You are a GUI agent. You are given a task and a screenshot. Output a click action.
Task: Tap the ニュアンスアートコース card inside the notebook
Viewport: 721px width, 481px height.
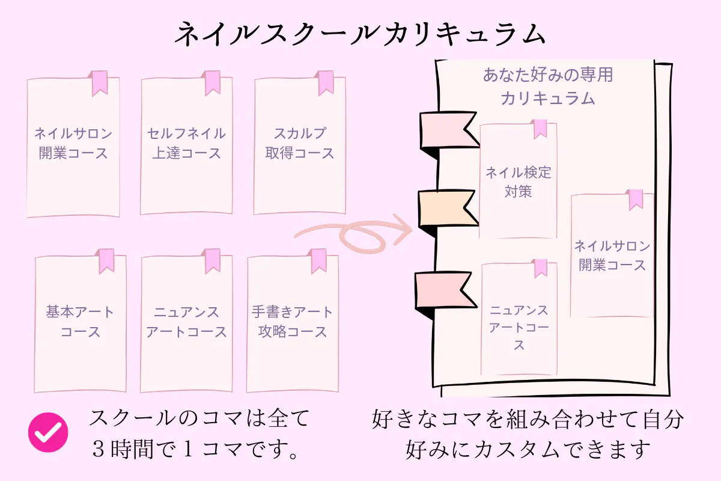coord(519,325)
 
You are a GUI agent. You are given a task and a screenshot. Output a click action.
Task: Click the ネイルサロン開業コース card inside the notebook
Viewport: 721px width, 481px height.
coord(612,256)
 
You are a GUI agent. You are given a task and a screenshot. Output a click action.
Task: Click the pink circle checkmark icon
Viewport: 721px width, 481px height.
coord(48,432)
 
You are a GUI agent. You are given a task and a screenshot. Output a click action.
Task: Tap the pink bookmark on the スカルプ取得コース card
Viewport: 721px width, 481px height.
coord(326,82)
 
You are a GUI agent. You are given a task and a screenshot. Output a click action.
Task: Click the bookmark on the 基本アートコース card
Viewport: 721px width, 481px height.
coord(106,260)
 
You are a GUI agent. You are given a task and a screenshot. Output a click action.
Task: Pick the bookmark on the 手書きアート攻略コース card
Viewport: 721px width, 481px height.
coord(318,260)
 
